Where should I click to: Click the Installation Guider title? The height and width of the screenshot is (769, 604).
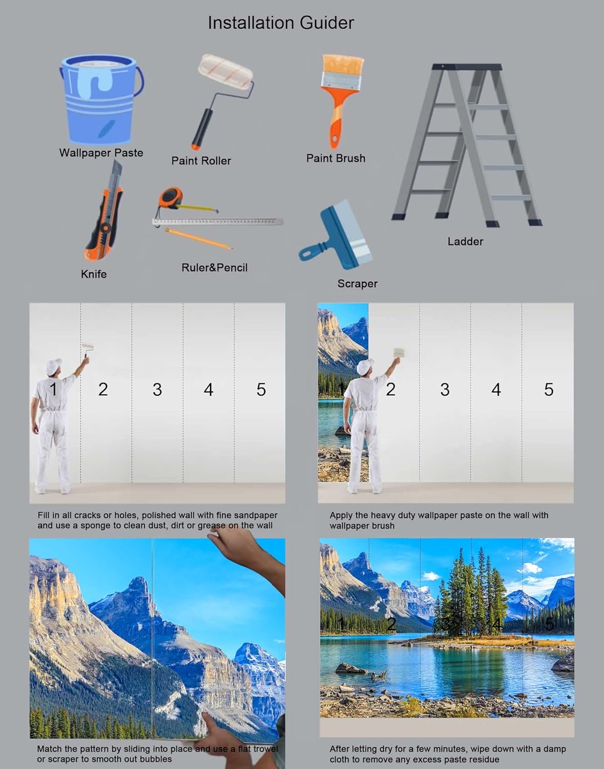coord(280,23)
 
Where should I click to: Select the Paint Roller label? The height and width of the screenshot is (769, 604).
coord(201,160)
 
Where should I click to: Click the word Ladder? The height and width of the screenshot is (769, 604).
coord(465,241)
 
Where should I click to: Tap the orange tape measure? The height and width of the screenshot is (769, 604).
coord(171,197)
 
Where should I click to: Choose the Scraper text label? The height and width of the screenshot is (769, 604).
coord(357,284)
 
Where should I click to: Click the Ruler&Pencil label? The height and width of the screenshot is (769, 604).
coord(214,268)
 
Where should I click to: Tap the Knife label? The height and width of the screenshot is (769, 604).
coord(94,274)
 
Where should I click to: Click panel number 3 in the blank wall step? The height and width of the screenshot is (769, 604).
coord(157,390)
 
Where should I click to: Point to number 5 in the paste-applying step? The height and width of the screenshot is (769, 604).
coord(549,390)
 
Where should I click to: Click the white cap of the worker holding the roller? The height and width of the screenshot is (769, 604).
coord(53,366)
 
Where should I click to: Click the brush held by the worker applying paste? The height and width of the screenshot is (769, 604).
coord(399,353)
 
